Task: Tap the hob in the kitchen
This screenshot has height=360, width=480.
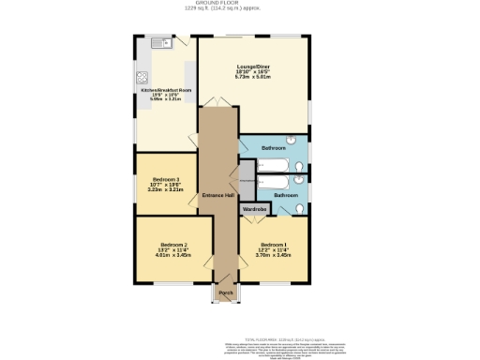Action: [x=143, y=78]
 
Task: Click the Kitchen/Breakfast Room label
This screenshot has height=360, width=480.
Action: [x=166, y=90]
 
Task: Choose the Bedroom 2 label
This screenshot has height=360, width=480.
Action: [x=172, y=244]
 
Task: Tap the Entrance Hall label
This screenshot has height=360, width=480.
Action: [x=217, y=194]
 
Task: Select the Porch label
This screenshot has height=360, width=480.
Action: [x=225, y=293]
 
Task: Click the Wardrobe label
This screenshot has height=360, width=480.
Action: [x=255, y=209]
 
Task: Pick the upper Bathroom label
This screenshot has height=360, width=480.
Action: [x=274, y=149]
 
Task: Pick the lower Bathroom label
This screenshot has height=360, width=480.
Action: [x=286, y=195]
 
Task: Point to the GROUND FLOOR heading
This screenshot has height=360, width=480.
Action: [x=241, y=4]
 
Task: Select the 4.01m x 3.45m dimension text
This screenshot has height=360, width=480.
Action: [x=172, y=255]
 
